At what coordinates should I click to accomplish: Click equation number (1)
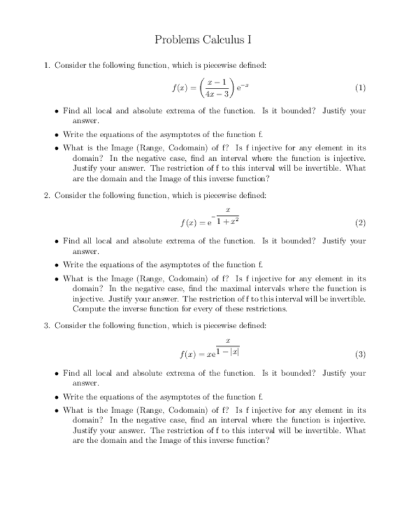pyautogui.click(x=360, y=88)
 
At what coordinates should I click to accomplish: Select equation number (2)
pyautogui.click(x=360, y=222)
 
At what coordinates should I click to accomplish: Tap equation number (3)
pyautogui.click(x=360, y=354)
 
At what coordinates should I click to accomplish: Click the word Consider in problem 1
pyautogui.click(x=72, y=65)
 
